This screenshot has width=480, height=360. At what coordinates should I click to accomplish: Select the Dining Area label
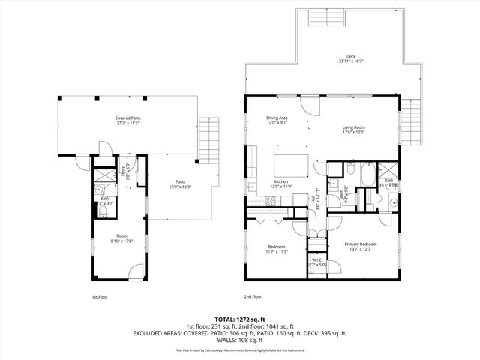point(277,118)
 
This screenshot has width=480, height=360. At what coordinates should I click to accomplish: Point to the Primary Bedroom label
point(360,244)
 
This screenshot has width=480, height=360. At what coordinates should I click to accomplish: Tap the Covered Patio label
point(127,118)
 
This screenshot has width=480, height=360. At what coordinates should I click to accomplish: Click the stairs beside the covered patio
point(208,138)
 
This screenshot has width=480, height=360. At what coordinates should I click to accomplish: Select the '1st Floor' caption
point(99,297)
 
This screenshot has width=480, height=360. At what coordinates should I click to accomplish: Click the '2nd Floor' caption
point(253,297)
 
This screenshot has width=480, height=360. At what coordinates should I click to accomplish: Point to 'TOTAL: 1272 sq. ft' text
point(239,319)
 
